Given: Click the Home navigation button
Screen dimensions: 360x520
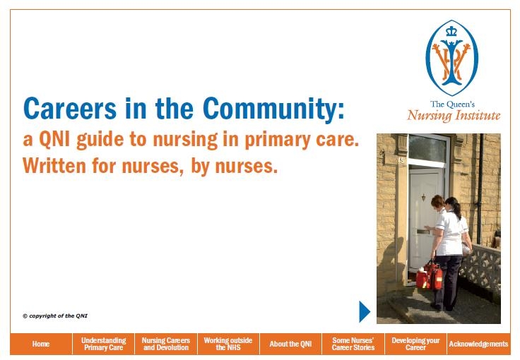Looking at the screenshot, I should click(41, 344).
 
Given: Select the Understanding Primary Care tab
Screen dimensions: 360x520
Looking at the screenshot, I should click(103, 344).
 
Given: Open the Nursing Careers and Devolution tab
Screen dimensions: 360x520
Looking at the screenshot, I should click(165, 344).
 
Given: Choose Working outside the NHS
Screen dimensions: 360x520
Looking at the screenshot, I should click(227, 344).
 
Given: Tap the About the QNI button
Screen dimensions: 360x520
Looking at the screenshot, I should click(290, 344).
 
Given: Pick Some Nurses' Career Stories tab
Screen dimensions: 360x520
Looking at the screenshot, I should click(353, 344).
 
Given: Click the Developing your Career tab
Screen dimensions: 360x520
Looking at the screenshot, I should click(415, 344).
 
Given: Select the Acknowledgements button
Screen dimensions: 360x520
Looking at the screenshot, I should click(478, 344).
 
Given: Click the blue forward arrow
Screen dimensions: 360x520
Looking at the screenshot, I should click(365, 311).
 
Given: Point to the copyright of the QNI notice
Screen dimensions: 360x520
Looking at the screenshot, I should click(55, 316).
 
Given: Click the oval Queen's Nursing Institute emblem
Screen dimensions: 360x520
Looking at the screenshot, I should click(451, 58).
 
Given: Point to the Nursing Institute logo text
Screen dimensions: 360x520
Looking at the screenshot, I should click(454, 115).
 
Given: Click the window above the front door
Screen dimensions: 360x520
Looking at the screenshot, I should click(427, 149).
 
